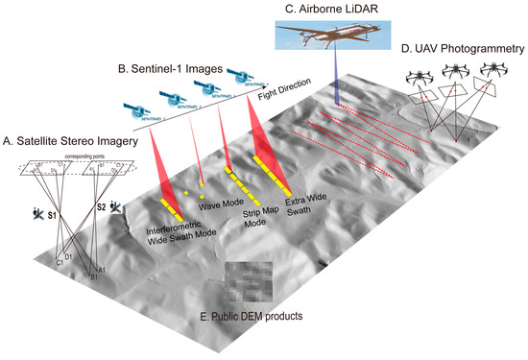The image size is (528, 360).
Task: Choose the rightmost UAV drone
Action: tap(493, 69)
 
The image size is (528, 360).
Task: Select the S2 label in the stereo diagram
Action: tap(100, 205)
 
